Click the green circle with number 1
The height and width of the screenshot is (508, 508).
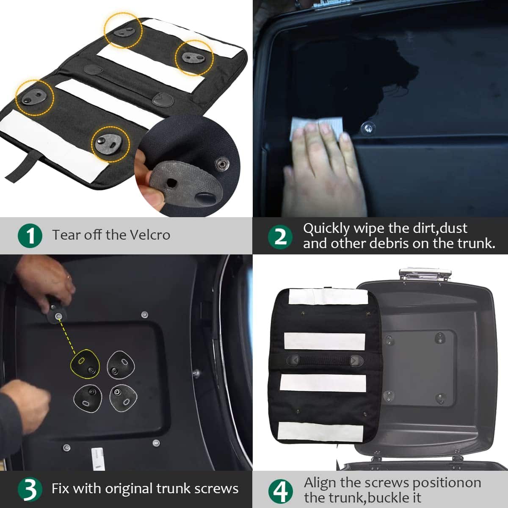(x=30, y=235)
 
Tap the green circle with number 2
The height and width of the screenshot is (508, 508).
(x=280, y=237)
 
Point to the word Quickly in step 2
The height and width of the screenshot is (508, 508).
(x=326, y=229)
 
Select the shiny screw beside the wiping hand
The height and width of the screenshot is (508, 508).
(x=368, y=128)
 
